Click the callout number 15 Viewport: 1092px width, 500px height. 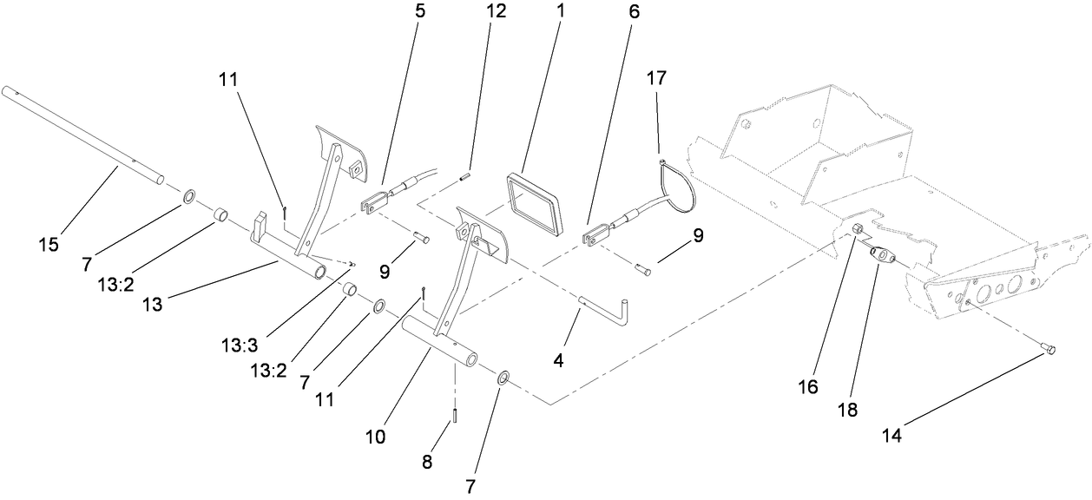(x=49, y=245)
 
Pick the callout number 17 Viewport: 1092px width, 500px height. (x=656, y=77)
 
